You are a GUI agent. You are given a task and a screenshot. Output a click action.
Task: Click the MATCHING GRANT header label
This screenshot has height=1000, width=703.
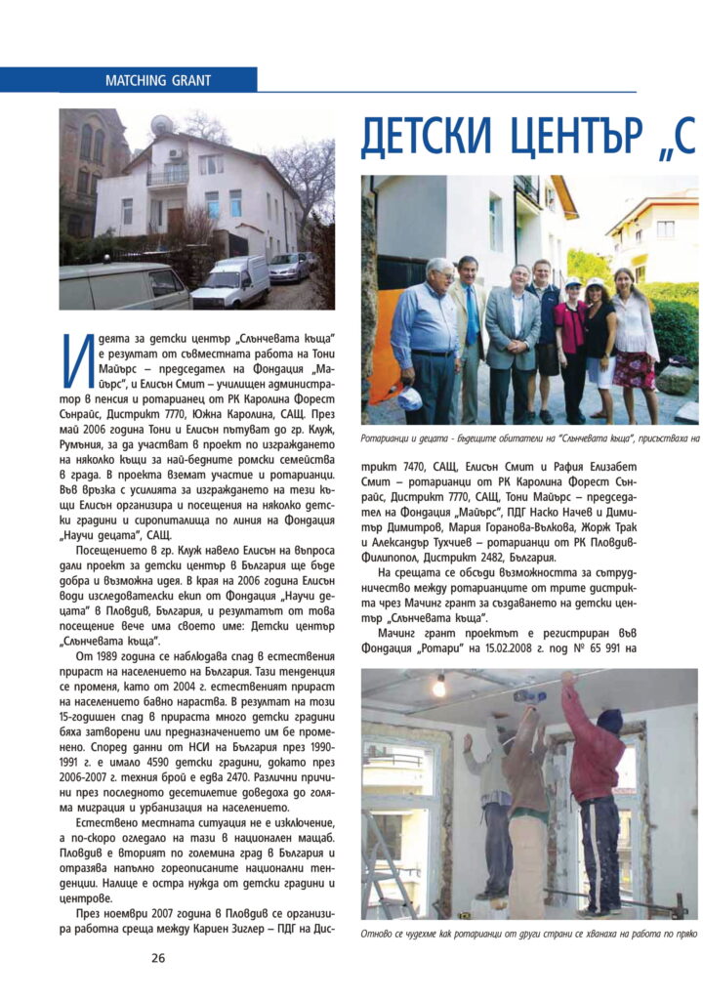pos(157,80)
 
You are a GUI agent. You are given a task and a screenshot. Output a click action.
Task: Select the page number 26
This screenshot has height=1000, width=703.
pos(158,958)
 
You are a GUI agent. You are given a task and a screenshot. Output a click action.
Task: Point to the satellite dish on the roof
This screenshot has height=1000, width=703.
pos(161,125)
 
